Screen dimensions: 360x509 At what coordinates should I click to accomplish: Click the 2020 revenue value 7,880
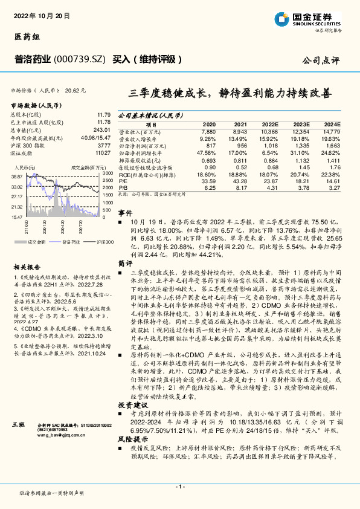tap(208, 131)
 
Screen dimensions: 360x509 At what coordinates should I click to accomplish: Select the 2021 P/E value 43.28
tap(240, 180)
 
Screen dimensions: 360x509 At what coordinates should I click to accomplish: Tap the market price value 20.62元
tap(76, 89)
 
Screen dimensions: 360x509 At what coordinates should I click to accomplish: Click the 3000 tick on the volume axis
tap(106, 173)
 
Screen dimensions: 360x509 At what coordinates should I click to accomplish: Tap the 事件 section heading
tap(125, 213)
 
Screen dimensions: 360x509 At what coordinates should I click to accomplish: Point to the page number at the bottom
tap(179, 486)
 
